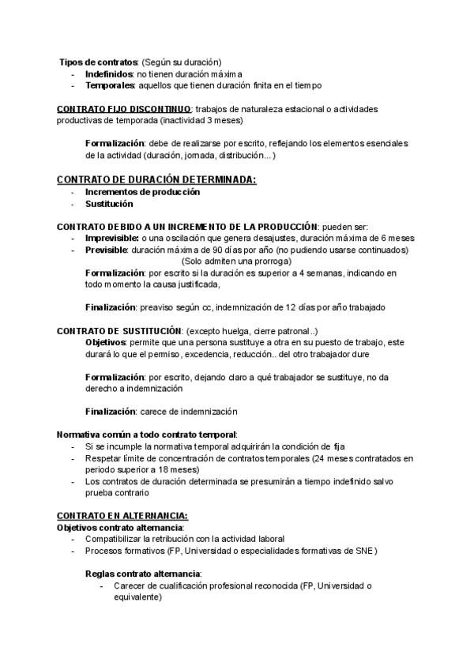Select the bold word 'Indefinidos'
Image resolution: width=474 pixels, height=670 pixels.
tap(108, 73)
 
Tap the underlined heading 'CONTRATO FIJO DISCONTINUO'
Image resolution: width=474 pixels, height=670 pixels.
tap(124, 108)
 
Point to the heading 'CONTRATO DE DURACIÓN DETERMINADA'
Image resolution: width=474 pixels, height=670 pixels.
tap(156, 179)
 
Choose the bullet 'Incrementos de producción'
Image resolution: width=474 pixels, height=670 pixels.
tap(142, 191)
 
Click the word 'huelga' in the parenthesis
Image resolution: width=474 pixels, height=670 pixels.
tap(238, 329)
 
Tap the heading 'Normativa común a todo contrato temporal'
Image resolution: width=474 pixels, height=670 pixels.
tap(146, 435)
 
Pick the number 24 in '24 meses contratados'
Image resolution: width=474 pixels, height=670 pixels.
tap(316, 457)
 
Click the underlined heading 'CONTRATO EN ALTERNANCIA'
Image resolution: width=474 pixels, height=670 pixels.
tap(122, 515)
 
